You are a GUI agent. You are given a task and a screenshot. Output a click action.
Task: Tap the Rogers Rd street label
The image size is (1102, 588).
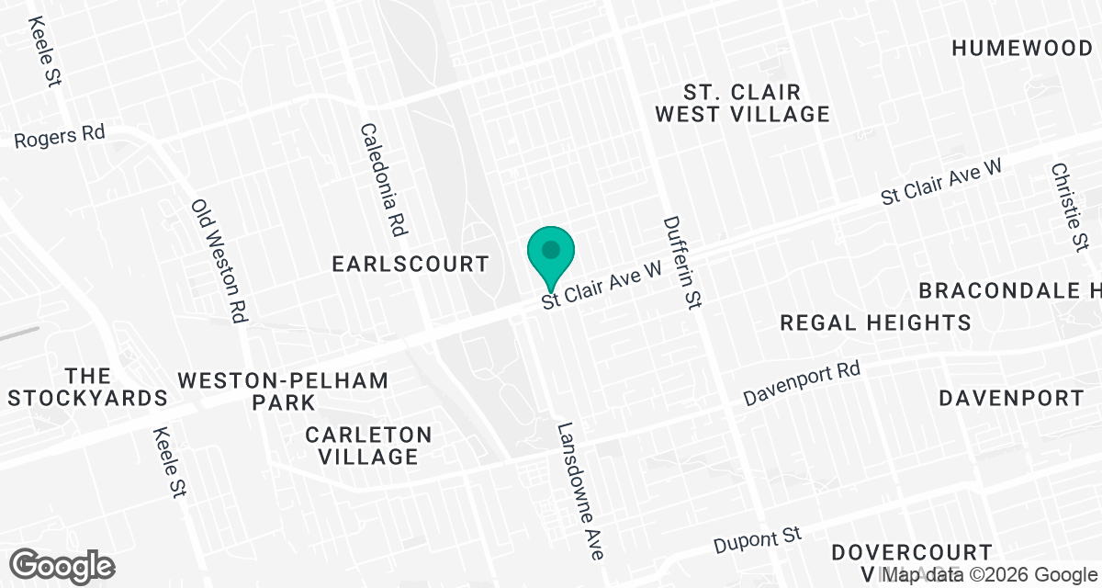(x=60, y=136)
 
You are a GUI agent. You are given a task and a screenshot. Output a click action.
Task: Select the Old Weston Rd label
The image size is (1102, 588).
(x=221, y=262)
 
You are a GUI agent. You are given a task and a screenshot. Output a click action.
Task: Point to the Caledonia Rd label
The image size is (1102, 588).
(x=385, y=180)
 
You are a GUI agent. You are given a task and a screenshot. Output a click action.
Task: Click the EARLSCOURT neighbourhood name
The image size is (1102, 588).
(x=410, y=265)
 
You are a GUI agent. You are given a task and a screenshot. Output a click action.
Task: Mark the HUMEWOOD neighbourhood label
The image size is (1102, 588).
(x=1020, y=48)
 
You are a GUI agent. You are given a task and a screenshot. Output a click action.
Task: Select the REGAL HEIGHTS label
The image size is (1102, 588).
(x=875, y=322)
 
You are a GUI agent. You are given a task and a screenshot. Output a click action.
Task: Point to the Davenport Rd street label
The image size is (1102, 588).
(x=802, y=384)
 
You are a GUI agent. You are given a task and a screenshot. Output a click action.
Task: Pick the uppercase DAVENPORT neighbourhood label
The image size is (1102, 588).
(x=1011, y=398)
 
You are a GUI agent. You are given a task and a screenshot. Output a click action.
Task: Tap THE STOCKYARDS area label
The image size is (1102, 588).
(x=88, y=387)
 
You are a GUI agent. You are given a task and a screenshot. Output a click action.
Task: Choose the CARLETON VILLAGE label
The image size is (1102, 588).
(x=368, y=446)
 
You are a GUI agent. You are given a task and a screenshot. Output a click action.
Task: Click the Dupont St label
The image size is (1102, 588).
(x=759, y=541)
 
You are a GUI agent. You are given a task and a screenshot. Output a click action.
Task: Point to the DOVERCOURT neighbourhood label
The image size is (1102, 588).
(x=912, y=553)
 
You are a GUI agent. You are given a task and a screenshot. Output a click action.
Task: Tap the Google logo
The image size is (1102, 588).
(x=63, y=564)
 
